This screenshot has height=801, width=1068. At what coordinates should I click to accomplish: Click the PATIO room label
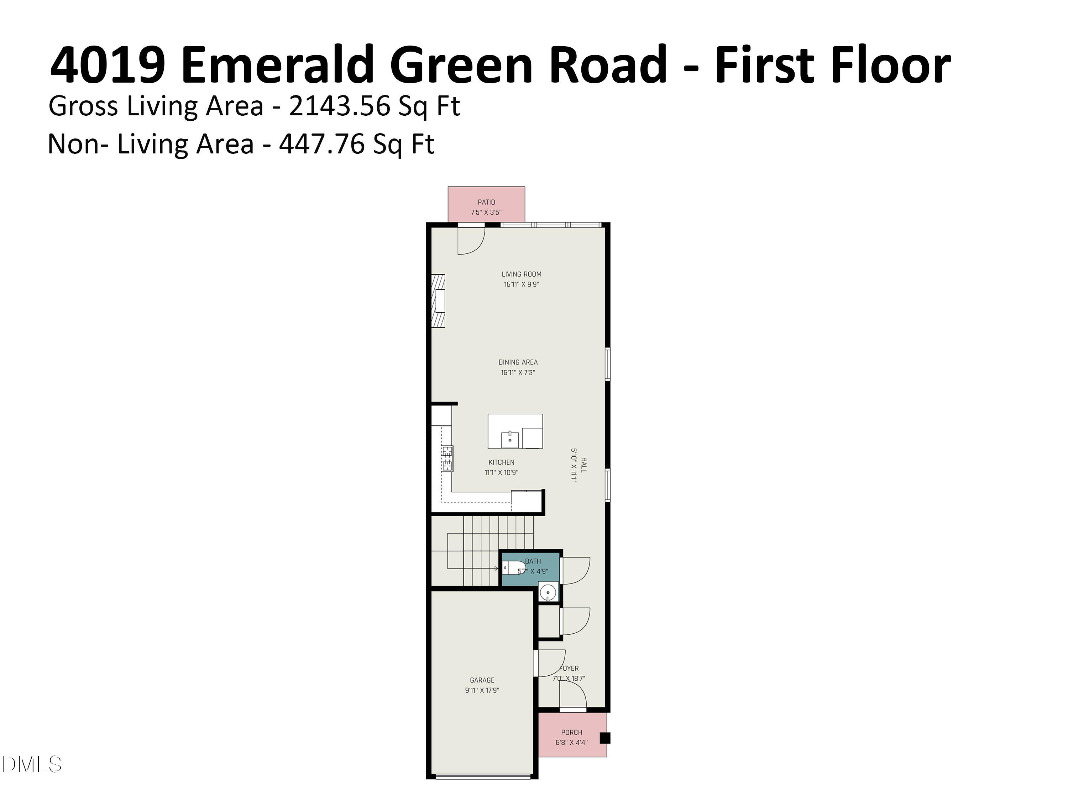tap(486, 202)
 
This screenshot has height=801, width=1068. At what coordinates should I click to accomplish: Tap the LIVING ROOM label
tap(522, 274)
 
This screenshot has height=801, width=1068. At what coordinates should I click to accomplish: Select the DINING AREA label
tap(518, 362)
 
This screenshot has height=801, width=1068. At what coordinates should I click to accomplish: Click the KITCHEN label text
tap(501, 462)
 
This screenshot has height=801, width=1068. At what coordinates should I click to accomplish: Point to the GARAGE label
tap(482, 680)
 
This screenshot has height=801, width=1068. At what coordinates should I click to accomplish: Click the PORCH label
tap(572, 732)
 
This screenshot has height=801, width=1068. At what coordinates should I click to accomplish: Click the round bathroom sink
tap(548, 592)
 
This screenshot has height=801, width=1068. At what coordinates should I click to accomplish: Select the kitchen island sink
tap(510, 439)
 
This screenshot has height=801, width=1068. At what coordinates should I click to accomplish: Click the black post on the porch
tap(604, 738)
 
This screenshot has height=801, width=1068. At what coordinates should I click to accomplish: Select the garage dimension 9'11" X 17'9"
tap(482, 690)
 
